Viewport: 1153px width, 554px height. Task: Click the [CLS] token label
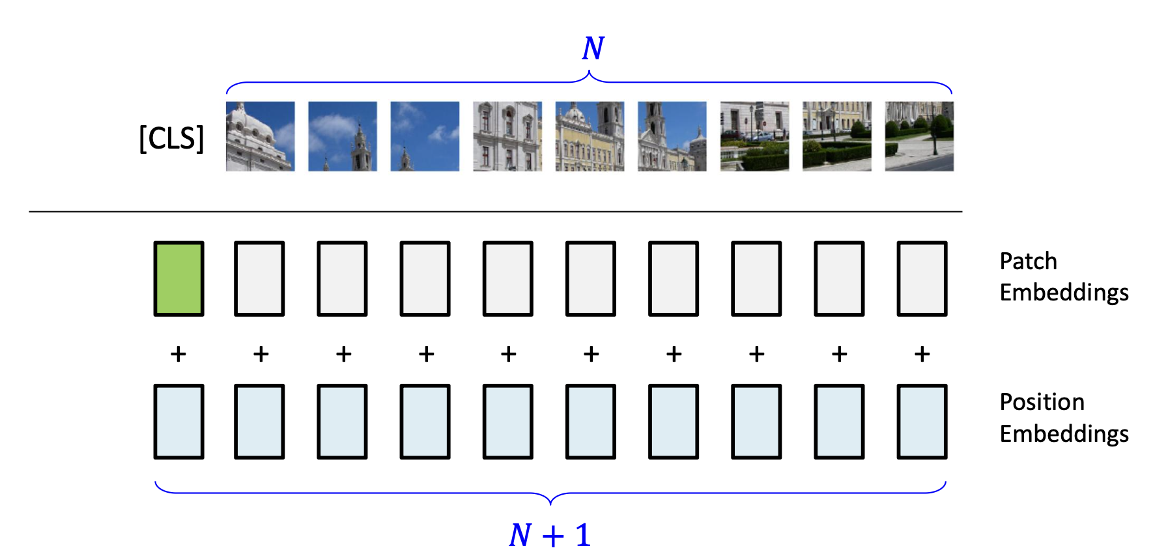pyautogui.click(x=171, y=138)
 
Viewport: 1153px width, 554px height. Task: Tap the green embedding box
pyautogui.click(x=178, y=278)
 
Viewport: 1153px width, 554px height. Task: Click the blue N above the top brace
pyautogui.click(x=593, y=48)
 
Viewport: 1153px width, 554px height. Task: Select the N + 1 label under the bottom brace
pyautogui.click(x=550, y=535)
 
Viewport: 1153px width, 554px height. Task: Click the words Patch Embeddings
pyautogui.click(x=1063, y=276)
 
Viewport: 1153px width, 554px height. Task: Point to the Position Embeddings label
pyautogui.click(x=1063, y=418)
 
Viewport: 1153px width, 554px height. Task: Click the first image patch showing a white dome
pyautogui.click(x=260, y=136)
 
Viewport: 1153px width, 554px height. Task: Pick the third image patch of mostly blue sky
pyautogui.click(x=425, y=136)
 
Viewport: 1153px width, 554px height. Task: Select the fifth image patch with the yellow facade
pyautogui.click(x=590, y=136)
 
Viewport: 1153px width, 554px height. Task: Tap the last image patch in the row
pyautogui.click(x=919, y=136)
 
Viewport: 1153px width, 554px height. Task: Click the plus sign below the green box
pyautogui.click(x=178, y=354)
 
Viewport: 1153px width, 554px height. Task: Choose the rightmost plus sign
pyautogui.click(x=922, y=354)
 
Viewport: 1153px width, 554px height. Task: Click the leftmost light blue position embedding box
pyautogui.click(x=178, y=422)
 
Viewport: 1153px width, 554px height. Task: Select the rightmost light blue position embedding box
pyautogui.click(x=922, y=422)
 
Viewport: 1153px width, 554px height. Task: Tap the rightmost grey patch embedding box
pyautogui.click(x=922, y=278)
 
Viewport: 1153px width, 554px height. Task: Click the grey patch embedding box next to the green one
pyautogui.click(x=259, y=278)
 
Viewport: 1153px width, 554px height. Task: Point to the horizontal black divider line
pyautogui.click(x=495, y=211)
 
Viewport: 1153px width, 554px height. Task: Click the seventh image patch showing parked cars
pyautogui.click(x=754, y=136)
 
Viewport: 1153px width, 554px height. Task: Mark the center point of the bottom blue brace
pyautogui.click(x=550, y=499)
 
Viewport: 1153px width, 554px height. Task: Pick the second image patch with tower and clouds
pyautogui.click(x=343, y=136)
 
